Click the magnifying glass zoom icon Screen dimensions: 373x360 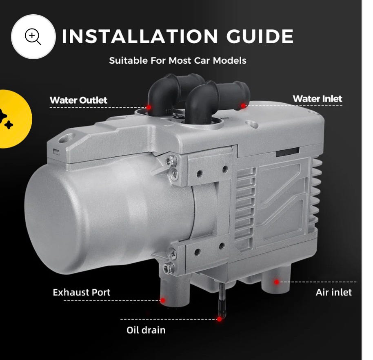(x=33, y=36)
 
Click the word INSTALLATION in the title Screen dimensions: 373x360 (x=140, y=36)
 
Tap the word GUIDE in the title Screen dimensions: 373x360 (x=260, y=36)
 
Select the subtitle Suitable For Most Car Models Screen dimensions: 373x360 (x=178, y=60)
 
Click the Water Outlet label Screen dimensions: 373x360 (x=78, y=100)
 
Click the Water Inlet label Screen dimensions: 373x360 (x=317, y=98)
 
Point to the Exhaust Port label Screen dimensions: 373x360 (x=81, y=292)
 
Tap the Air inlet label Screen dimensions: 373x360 (x=333, y=292)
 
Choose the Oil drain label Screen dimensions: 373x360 (x=146, y=330)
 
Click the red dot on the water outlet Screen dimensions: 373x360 (x=149, y=107)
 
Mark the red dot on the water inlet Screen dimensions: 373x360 (x=243, y=106)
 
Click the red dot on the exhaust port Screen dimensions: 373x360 (x=163, y=300)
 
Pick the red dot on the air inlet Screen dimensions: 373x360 (x=276, y=282)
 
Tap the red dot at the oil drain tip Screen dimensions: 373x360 (x=219, y=319)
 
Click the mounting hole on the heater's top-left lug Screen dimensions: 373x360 (x=64, y=139)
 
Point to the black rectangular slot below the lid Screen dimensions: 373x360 (x=288, y=152)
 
